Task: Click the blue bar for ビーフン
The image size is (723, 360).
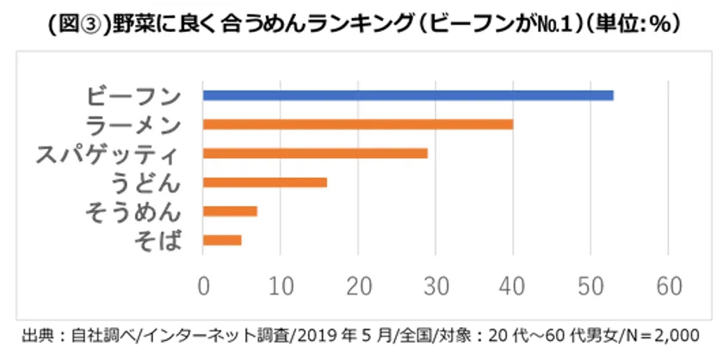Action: click(408, 96)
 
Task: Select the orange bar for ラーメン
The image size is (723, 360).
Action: click(358, 124)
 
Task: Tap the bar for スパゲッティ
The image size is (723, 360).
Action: click(315, 153)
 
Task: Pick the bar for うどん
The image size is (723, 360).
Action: click(265, 182)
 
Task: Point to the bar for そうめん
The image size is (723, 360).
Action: click(230, 211)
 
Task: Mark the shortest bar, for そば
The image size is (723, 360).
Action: click(222, 239)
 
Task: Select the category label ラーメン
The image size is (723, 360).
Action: click(134, 125)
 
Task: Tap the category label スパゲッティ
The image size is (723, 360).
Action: click(108, 154)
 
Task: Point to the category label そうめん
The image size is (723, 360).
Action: click(134, 212)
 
